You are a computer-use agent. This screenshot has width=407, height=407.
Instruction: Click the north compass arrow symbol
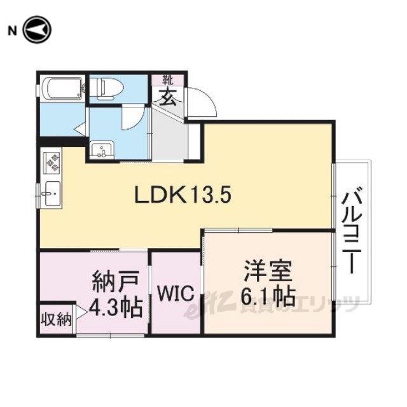pyautogui.click(x=37, y=30)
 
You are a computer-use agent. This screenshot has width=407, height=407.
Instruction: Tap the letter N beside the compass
pyautogui.click(x=12, y=31)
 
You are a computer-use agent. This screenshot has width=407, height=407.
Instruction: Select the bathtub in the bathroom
pyautogui.click(x=63, y=88)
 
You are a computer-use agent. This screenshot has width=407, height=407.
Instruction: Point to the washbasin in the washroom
pyautogui.click(x=102, y=150)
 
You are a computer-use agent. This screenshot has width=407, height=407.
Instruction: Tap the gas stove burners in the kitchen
pyautogui.click(x=52, y=163)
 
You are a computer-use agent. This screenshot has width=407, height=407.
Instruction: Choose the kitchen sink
pyautogui.click(x=52, y=193)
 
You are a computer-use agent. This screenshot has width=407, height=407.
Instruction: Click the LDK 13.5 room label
pyautogui.click(x=183, y=195)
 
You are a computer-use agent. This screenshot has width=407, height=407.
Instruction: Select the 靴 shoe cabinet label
pyautogui.click(x=168, y=80)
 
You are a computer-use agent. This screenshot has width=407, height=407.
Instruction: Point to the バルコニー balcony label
pyautogui.click(x=352, y=230)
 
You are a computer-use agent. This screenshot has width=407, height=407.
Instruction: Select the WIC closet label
pyautogui.click(x=176, y=293)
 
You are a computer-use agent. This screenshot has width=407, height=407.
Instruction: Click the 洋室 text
pyautogui.click(x=268, y=271)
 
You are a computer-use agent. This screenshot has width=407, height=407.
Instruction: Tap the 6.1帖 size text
pyautogui.click(x=268, y=296)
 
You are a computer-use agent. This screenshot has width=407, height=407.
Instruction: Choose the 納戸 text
pyautogui.click(x=116, y=281)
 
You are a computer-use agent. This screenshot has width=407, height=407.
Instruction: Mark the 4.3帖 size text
pyautogui.click(x=116, y=307)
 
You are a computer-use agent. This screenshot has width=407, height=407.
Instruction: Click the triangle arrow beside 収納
pyautogui.click(x=81, y=312)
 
